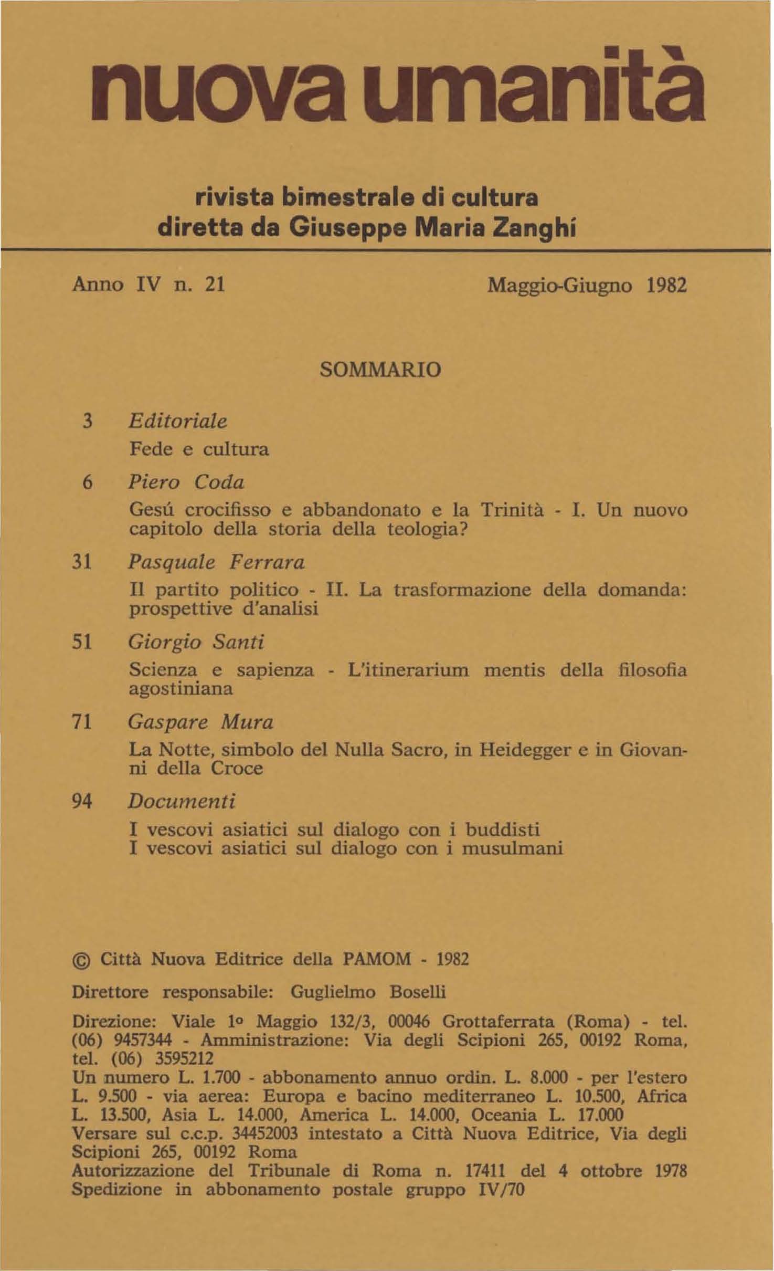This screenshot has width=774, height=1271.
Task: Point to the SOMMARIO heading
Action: pyautogui.click(x=380, y=370)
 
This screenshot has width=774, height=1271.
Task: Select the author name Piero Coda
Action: pyautogui.click(x=187, y=482)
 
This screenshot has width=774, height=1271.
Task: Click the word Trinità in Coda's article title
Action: pyautogui.click(x=512, y=510)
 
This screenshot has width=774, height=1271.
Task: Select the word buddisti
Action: pyautogui.click(x=503, y=830)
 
